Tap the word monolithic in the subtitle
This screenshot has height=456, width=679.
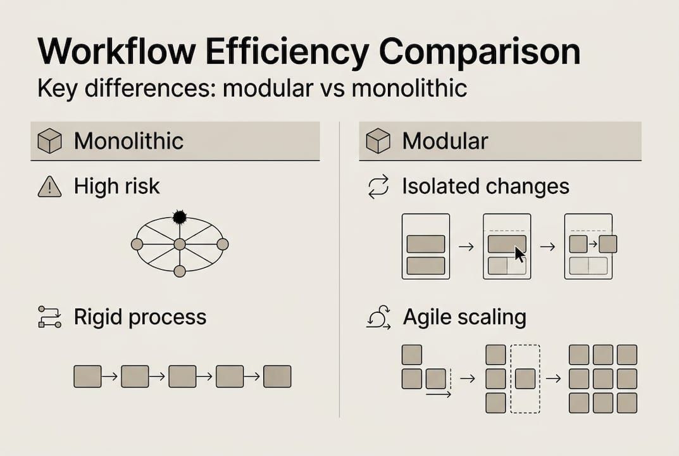pyautogui.click(x=409, y=88)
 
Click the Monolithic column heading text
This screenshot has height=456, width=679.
pyautogui.click(x=128, y=141)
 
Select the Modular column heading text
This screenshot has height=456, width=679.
pyautogui.click(x=445, y=141)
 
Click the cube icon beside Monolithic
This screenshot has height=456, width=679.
pyautogui.click(x=49, y=141)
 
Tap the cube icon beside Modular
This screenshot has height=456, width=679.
pyautogui.click(x=378, y=141)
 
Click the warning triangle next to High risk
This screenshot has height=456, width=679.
pyautogui.click(x=49, y=187)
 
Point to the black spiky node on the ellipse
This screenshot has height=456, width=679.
pyautogui.click(x=179, y=217)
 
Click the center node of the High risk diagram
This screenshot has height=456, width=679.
pyautogui.click(x=180, y=244)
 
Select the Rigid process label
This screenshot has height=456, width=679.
pyautogui.click(x=140, y=317)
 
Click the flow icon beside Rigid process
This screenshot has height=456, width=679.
pyautogui.click(x=49, y=317)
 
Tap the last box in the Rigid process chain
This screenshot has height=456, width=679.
pyautogui.click(x=277, y=376)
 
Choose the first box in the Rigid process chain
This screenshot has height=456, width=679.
pyautogui.click(x=87, y=376)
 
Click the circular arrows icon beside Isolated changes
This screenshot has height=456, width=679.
pyautogui.click(x=378, y=187)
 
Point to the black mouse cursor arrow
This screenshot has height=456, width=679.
pyautogui.click(x=519, y=254)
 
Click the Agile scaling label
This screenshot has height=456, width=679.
pyautogui.click(x=464, y=317)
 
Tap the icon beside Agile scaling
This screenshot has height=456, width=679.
pyautogui.click(x=378, y=317)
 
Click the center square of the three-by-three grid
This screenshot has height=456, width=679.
pyautogui.click(x=603, y=379)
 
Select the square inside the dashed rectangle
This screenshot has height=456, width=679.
pyautogui.click(x=525, y=379)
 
